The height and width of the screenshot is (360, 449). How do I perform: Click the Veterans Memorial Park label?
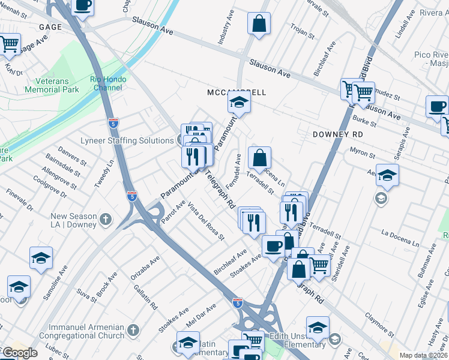pos(52,85)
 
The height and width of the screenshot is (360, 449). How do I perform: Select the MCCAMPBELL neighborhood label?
pos(236,92)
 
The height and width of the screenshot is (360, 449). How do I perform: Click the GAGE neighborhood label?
pos(51,28)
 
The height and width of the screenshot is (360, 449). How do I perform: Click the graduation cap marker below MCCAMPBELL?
pos(239,104)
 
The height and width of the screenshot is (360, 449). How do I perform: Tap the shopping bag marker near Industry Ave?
pos(259,25)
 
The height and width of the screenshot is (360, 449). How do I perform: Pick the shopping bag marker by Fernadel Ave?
pos(260,159)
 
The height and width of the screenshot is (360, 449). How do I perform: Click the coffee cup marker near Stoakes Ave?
pos(273,246)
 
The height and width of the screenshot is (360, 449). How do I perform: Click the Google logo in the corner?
pos(19,353)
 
